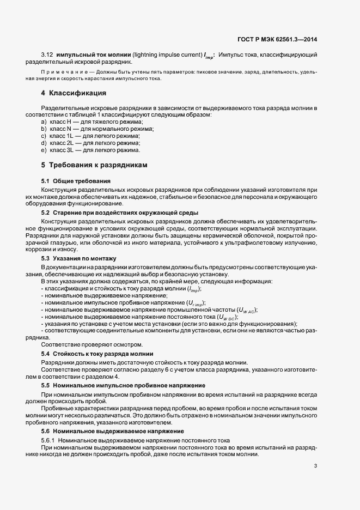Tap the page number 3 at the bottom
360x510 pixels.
click(x=316, y=466)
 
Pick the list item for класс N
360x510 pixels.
click(x=97, y=129)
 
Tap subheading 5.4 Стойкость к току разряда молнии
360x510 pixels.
click(x=97, y=354)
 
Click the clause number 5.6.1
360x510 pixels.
click(x=49, y=440)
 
